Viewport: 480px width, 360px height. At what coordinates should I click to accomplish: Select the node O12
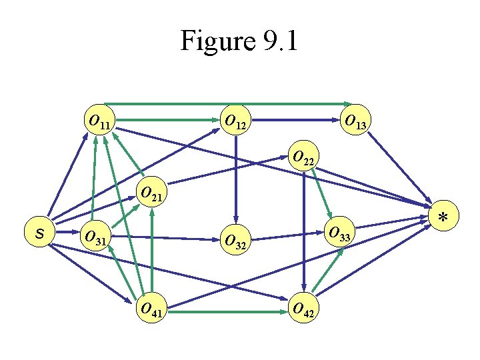click(x=235, y=120)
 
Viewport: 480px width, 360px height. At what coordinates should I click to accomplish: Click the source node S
click(x=39, y=233)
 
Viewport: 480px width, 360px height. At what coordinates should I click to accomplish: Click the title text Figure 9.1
click(x=240, y=41)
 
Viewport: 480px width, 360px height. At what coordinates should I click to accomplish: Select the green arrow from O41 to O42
click(x=227, y=311)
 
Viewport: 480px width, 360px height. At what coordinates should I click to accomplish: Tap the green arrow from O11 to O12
click(x=167, y=121)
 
